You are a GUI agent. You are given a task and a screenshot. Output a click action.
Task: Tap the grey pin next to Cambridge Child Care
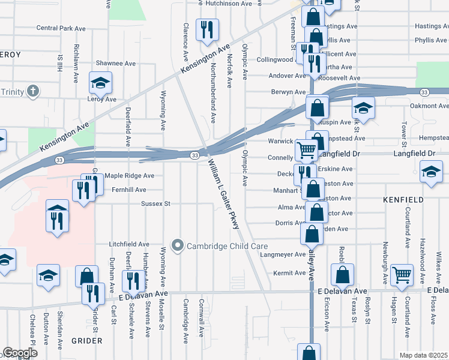tap(177, 246)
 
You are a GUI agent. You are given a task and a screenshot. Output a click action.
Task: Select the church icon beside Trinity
tap(33, 92)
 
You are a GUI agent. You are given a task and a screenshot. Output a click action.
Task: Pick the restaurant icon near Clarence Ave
tap(207, 29)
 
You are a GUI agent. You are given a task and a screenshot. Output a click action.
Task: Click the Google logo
tap(20, 353)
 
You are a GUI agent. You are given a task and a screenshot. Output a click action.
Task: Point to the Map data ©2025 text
tap(423, 355)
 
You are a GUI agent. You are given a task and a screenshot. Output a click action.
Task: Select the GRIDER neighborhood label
tap(87, 340)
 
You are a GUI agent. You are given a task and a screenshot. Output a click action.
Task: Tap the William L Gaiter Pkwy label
tap(224, 194)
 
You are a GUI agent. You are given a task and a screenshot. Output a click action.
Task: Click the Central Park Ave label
tap(62, 28)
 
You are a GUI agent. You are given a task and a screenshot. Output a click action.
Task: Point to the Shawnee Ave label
tap(116, 63)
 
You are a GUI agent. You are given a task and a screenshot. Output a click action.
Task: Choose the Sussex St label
tap(156, 204)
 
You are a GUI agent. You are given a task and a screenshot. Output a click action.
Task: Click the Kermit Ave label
tap(290, 273)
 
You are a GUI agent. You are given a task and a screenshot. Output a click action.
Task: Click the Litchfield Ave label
tap(129, 244)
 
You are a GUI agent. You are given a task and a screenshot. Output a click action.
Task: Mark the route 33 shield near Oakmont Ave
tap(424, 92)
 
